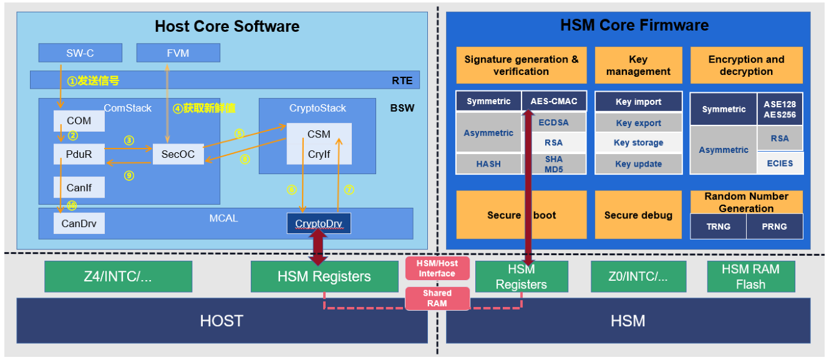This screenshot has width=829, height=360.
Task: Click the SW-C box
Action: [x=80, y=53]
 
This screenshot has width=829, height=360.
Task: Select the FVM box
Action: [x=178, y=53]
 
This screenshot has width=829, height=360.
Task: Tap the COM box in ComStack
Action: [x=79, y=120]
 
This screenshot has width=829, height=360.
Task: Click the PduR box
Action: [x=79, y=153]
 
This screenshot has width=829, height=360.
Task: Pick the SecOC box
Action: [x=178, y=154]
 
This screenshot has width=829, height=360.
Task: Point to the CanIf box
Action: [x=79, y=187]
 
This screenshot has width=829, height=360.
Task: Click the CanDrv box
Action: [x=79, y=223]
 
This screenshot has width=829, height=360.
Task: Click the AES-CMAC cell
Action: [x=553, y=101]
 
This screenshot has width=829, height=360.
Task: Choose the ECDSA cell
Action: [x=553, y=122]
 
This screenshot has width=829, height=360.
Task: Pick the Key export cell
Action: [x=638, y=123]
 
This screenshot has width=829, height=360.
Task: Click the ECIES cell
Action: [x=780, y=163]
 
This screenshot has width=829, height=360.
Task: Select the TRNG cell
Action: [x=718, y=226]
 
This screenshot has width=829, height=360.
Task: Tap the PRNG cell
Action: [x=774, y=226]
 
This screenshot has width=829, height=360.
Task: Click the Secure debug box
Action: [x=638, y=215]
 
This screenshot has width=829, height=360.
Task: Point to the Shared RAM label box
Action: [x=437, y=298]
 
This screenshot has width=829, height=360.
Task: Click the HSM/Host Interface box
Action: [x=437, y=268]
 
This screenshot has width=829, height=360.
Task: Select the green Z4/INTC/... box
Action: [x=118, y=276]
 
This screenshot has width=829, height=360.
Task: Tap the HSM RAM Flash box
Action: [x=750, y=276]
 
